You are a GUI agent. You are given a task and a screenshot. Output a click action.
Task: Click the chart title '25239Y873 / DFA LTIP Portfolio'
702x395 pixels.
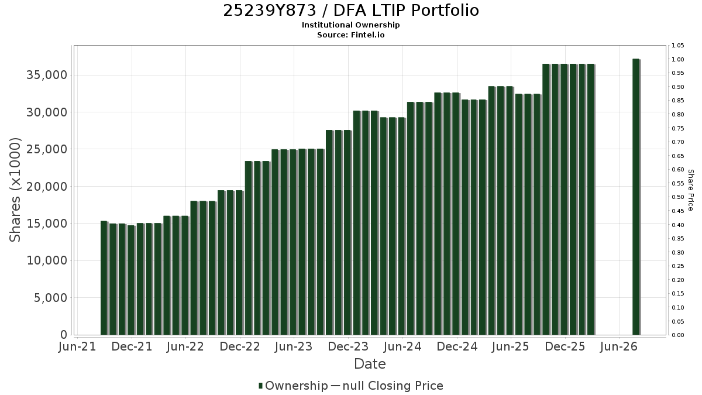point(351,11)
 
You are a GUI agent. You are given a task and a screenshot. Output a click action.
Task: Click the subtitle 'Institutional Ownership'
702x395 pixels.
point(350,25)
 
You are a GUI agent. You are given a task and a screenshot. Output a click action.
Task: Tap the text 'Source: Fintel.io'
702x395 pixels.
point(350,35)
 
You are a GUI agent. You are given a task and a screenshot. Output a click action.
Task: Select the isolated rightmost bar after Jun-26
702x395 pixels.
point(636,197)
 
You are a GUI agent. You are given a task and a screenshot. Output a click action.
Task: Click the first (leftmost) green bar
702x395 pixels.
point(104,278)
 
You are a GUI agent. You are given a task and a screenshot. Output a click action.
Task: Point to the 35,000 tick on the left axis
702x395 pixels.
point(47,75)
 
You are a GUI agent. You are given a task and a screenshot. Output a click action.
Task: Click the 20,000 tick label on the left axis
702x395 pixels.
point(47,187)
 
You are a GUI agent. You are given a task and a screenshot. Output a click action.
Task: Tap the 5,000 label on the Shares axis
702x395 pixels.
point(50,298)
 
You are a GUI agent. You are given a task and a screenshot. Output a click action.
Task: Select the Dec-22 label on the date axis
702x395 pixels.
point(240,346)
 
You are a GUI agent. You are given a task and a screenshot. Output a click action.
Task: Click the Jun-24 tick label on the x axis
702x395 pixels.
point(402,346)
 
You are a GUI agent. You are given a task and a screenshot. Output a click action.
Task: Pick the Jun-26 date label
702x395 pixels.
point(619,346)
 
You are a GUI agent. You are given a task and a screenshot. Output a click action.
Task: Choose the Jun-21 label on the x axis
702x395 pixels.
point(77,346)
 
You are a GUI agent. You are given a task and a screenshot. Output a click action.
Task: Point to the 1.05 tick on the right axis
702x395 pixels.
point(677,46)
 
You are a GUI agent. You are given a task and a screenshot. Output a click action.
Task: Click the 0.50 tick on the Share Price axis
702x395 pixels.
point(677,197)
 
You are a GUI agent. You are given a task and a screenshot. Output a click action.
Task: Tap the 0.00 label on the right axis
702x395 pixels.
point(677,335)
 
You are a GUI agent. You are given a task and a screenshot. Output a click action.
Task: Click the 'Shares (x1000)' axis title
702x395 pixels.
point(15,190)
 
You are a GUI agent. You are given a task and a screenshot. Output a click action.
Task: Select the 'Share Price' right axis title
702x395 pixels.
point(690,190)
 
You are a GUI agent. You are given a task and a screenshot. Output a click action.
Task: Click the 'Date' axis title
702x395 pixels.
point(370,364)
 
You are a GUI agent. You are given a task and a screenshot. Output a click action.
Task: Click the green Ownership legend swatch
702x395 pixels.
point(260,386)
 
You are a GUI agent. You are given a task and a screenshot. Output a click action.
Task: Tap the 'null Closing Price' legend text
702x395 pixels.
point(393,386)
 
